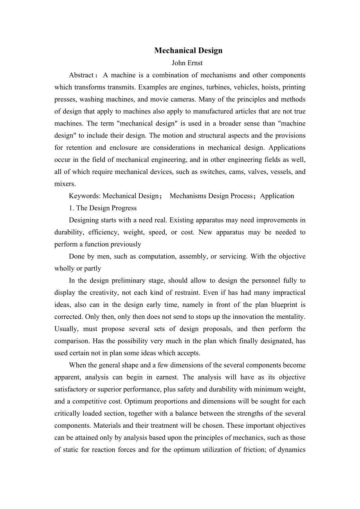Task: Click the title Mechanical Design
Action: [x=188, y=50]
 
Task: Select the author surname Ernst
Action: [x=195, y=63]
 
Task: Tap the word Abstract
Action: [x=81, y=75]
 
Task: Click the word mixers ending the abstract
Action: [x=65, y=184]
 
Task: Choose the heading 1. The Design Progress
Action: [x=103, y=208]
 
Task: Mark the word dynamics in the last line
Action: [x=292, y=450]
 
